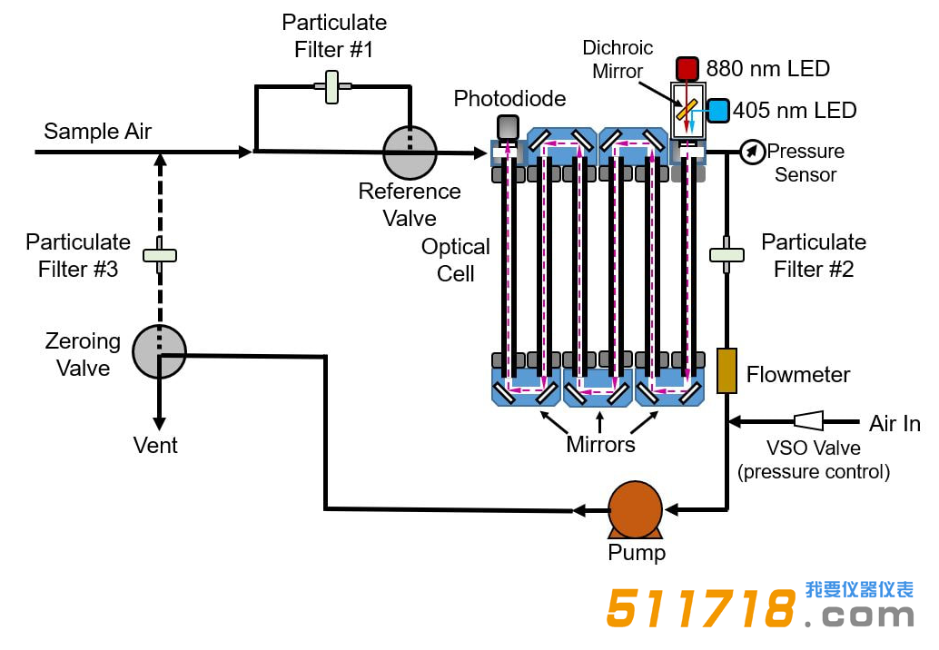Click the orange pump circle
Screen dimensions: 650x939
634,509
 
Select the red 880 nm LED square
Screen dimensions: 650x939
687,69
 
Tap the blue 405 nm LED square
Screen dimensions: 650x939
717,111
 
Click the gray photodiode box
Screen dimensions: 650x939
508,127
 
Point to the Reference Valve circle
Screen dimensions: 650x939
410,153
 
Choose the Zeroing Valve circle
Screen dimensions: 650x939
159,350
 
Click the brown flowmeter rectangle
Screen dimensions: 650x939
726,371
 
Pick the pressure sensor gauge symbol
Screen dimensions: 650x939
752,152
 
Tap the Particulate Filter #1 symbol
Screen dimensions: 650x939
333,86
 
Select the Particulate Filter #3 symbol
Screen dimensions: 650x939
159,255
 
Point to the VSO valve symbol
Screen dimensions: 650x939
808,420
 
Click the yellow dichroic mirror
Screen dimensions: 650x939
687,110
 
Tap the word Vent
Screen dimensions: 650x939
155,446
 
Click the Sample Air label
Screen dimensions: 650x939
97,132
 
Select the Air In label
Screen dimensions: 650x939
895,424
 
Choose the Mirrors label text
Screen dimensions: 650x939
600,445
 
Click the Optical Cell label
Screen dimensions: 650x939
456,261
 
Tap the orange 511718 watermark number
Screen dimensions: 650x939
700,608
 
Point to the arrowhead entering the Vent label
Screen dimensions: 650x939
159,424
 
